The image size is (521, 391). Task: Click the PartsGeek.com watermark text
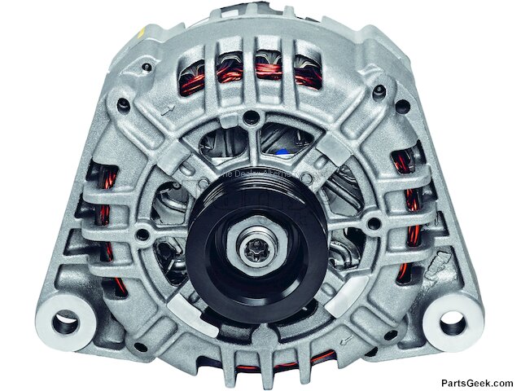click(476, 382)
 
